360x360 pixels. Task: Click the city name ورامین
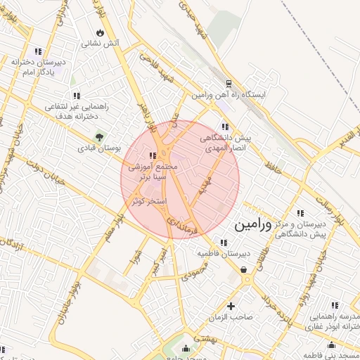(x=251, y=225)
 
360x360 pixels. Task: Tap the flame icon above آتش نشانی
(x=101, y=32)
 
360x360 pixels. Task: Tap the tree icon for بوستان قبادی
(x=99, y=136)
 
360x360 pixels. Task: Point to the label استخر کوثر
(x=148, y=201)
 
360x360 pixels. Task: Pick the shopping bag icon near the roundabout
(x=243, y=269)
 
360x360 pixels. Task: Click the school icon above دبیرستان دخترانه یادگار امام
(x=37, y=51)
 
